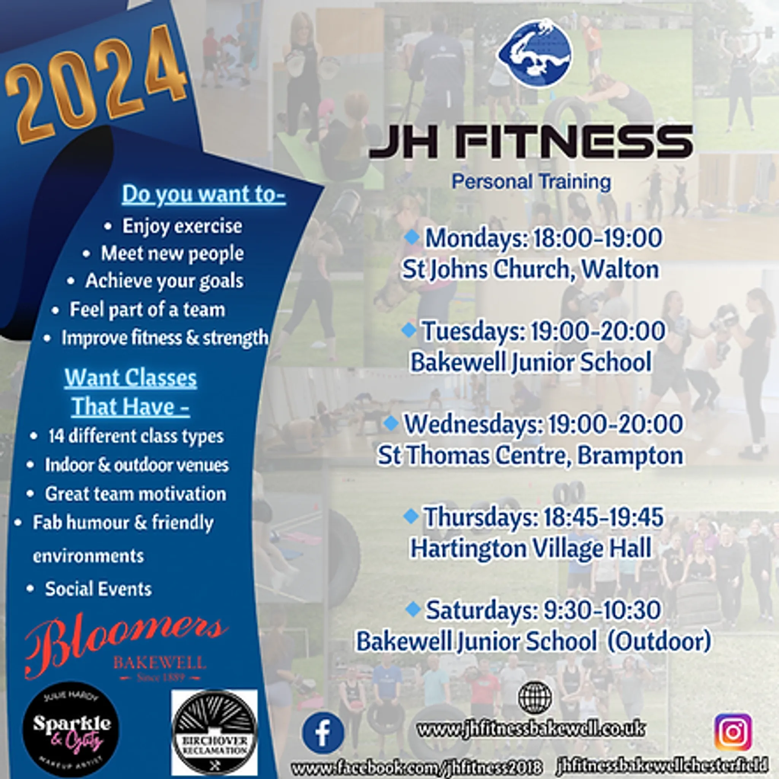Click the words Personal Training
pos(531,182)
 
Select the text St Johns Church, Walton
pos(531,269)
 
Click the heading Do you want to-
pos(203,194)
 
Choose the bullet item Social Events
pos(98,589)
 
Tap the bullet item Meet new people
pos(172,254)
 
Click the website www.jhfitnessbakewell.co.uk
pos(531,729)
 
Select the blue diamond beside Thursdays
pos(411,516)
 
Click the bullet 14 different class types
pos(136,436)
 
